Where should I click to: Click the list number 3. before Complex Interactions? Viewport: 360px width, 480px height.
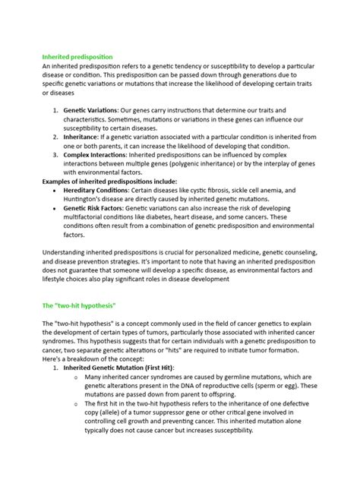(x=56, y=154)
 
